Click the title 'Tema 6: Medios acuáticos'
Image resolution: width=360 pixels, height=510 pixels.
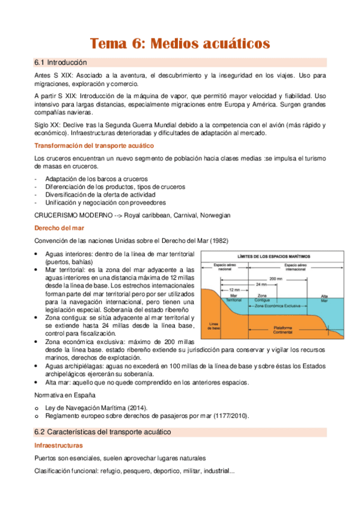pyautogui.click(x=180, y=43)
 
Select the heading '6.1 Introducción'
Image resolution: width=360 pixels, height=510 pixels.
pyautogui.click(x=61, y=63)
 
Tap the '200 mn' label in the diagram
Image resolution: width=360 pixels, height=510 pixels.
pyautogui.click(x=277, y=280)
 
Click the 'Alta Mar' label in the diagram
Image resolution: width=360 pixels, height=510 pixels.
pyautogui.click(x=325, y=297)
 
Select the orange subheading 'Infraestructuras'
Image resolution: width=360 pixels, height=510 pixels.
pyautogui.click(x=58, y=446)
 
